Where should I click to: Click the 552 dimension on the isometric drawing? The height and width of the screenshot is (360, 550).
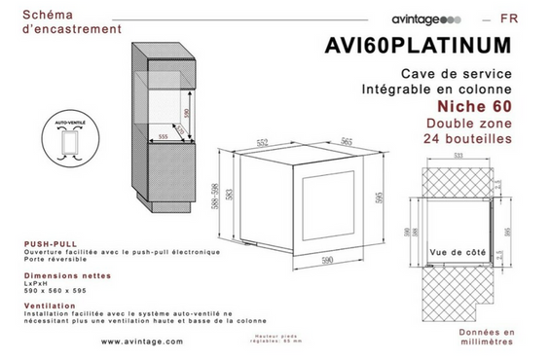tap(262, 144)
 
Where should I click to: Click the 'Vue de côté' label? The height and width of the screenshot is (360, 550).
tap(457, 252)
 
